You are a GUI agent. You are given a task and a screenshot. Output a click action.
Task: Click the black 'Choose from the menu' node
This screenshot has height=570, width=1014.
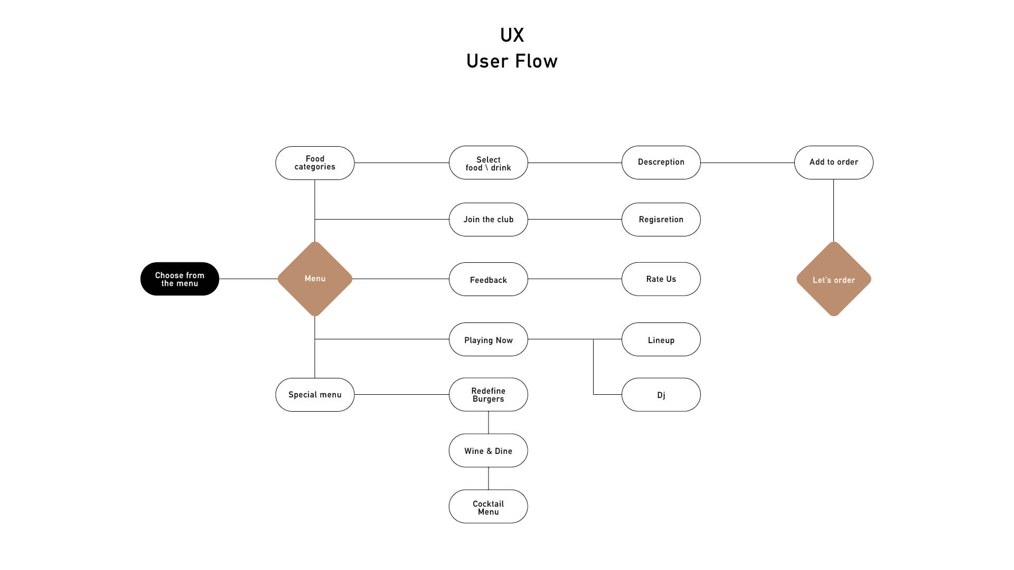180,279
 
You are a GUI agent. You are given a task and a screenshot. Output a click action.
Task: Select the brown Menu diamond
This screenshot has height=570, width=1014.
315,279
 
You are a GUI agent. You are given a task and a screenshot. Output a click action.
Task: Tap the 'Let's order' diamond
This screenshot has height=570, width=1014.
833,279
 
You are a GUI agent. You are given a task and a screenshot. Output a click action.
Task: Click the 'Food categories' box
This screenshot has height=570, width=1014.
315,163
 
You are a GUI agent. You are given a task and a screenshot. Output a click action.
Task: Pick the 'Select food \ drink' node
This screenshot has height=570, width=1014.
488,163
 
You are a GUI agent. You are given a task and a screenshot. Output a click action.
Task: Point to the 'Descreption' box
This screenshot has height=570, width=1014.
661,163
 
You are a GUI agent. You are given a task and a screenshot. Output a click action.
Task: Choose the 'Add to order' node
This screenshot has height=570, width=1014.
833,163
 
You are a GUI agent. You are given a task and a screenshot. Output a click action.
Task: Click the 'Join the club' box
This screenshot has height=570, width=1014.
488,220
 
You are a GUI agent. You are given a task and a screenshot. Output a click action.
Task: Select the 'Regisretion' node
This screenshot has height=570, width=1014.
661,220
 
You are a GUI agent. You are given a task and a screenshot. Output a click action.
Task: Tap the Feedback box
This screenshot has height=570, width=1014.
488,279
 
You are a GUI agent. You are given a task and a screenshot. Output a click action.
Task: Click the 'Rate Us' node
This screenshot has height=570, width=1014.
661,279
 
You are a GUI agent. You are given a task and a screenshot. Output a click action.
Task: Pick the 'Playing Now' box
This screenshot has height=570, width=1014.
488,339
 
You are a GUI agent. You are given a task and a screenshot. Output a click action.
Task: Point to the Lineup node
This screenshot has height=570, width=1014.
661,339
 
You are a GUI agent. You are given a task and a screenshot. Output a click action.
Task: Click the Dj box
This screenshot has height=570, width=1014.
661,395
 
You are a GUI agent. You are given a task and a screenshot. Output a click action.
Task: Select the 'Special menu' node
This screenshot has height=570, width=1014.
315,395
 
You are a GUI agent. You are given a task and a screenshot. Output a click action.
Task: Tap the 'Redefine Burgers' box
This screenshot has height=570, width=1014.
488,395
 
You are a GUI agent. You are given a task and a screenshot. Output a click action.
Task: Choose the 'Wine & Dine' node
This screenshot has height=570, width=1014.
488,451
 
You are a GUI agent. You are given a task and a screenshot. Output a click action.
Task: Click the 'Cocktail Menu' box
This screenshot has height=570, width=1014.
488,507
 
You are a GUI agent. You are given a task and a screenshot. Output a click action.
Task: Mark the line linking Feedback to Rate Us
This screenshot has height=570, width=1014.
575,279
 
